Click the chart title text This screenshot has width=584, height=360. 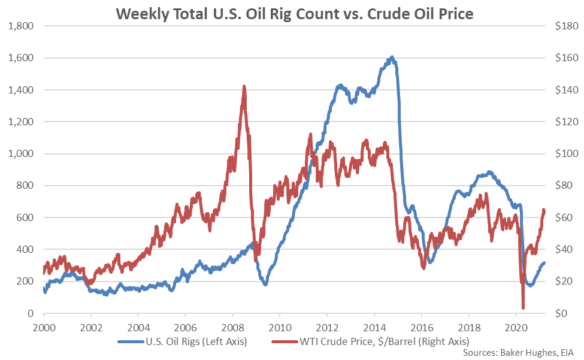pos(291,13)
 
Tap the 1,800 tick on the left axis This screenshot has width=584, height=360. pos(20,26)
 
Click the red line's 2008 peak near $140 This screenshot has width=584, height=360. pos(244,87)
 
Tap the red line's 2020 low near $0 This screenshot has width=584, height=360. pos(523,307)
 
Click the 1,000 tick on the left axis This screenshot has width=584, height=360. pos(20,154)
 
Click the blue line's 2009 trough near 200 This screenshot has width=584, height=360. pos(265,283)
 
